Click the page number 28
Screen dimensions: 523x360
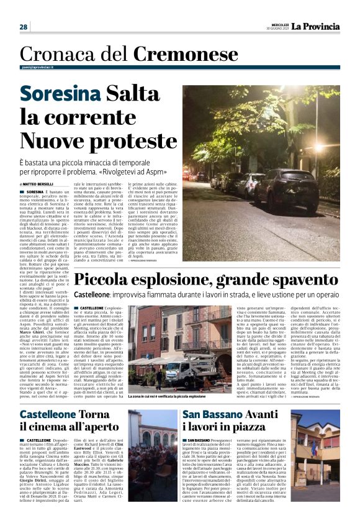24,27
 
